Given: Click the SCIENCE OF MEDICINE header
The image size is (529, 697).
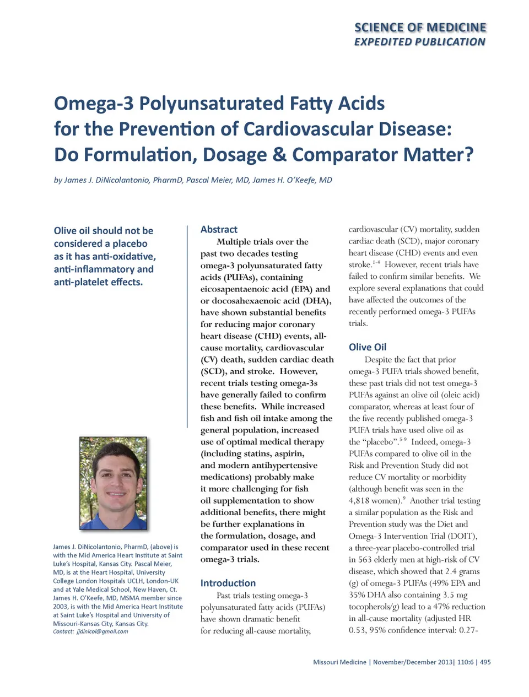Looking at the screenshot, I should click(420, 28).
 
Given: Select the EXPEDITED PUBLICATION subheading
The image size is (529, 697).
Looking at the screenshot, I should click(419, 42).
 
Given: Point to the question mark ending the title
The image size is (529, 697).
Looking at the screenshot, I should click(469, 155).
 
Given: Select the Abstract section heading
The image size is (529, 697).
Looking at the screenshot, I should click(219, 230).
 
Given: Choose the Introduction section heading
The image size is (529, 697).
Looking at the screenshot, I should click(228, 583).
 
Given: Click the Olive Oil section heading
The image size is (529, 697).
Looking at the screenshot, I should click(367, 347).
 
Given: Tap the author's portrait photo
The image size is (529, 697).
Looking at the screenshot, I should click(114, 483).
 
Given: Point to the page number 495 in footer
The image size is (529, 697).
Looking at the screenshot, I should click(485, 662).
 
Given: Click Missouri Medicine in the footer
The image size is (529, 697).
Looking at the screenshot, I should click(339, 662).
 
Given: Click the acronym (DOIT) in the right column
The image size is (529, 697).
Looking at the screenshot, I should click(461, 536).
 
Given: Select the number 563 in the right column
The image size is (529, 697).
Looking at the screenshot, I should click(365, 560).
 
